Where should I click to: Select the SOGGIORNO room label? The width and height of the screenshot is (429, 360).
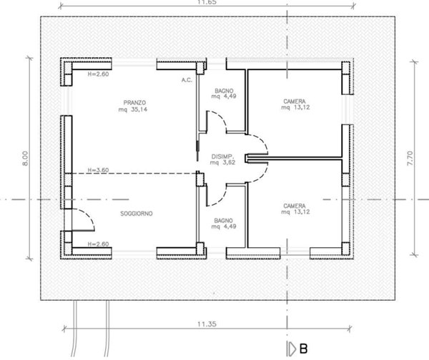(x=134, y=213)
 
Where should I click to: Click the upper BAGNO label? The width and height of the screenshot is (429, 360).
(x=225, y=91)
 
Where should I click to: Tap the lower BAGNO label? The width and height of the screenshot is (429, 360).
(x=225, y=221)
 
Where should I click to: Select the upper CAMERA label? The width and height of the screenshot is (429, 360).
(x=294, y=101)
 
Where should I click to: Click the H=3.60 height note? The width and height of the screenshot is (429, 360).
(x=97, y=170)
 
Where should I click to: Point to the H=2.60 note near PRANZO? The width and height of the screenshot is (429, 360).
(x=97, y=74)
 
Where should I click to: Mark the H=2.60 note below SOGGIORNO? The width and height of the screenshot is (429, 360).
(x=97, y=244)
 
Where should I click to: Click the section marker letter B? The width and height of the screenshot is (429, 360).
(x=304, y=349)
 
